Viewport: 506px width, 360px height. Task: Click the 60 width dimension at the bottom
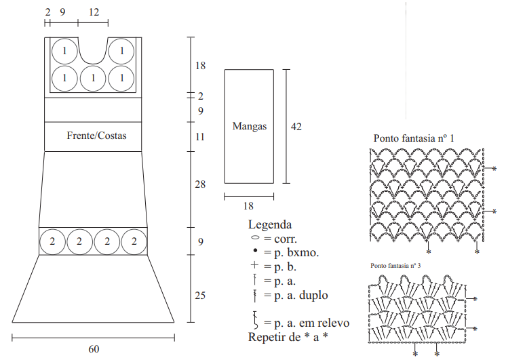(94, 349)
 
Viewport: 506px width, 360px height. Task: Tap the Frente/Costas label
(96, 136)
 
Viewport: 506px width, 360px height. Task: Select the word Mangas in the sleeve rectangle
(250, 126)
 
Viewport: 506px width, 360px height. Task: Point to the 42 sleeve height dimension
(296, 127)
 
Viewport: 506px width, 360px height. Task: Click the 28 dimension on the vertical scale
(200, 184)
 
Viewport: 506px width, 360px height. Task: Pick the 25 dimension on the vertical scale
(200, 296)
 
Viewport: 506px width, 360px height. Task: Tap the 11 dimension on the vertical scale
(200, 137)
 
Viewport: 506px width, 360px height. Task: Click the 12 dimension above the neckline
(94, 12)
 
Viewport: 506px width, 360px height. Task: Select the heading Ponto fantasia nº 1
(414, 138)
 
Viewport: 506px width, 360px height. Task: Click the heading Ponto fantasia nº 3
(395, 266)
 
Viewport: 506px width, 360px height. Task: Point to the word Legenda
(270, 224)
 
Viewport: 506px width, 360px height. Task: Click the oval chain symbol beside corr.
(255, 238)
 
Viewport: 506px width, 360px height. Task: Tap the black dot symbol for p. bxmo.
(255, 250)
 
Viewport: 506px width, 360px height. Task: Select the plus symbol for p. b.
(254, 265)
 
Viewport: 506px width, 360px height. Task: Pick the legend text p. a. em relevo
(312, 323)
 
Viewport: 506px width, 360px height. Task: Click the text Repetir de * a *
(288, 337)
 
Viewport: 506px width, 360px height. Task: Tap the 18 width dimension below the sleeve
(248, 206)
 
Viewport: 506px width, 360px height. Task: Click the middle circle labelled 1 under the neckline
(93, 79)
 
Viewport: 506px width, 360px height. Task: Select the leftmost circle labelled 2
(53, 241)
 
